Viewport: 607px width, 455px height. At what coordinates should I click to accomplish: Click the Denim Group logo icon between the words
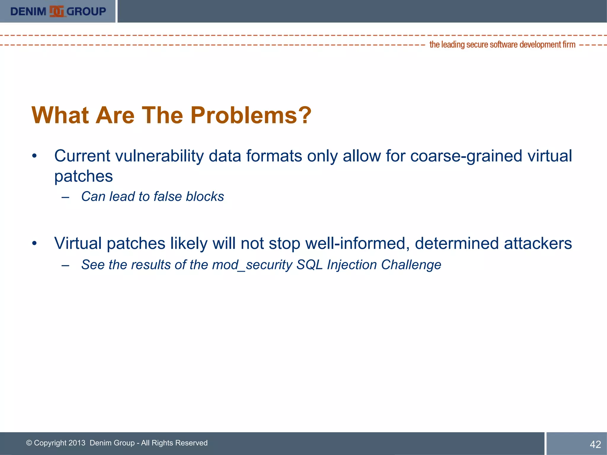(x=57, y=12)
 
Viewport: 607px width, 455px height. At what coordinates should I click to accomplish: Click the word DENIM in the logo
(x=28, y=12)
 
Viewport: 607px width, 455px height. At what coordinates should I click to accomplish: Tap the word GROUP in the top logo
(x=86, y=12)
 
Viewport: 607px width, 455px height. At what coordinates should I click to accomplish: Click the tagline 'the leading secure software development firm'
(x=502, y=45)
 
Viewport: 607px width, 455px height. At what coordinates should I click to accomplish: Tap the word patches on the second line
(x=84, y=176)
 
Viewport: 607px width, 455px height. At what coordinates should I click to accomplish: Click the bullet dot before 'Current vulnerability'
(x=35, y=156)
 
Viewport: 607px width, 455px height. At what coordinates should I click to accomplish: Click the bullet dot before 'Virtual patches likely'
(x=35, y=243)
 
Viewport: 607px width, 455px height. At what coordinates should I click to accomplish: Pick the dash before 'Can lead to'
(x=66, y=197)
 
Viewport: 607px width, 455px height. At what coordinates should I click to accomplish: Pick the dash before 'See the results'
(x=66, y=265)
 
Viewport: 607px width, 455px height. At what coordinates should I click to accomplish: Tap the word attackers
(x=538, y=243)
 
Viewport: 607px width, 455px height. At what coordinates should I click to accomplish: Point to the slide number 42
(x=595, y=444)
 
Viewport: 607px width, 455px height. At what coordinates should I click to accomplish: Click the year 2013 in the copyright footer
(x=76, y=443)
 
